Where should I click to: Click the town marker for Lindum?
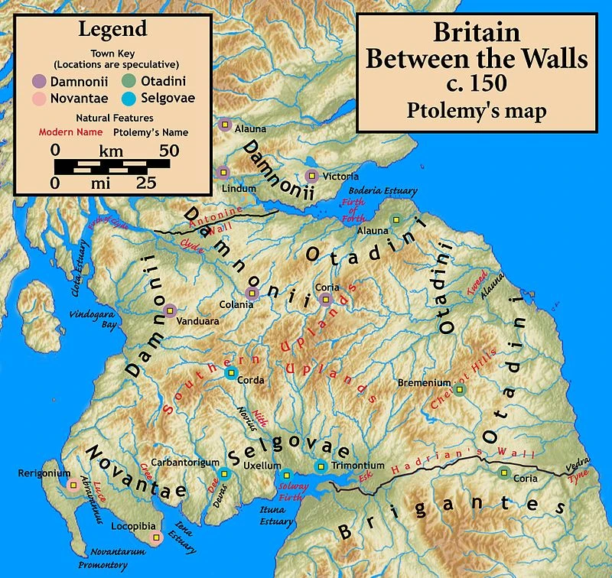click(223, 172)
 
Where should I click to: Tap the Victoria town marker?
click(311, 176)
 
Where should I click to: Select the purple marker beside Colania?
click(252, 293)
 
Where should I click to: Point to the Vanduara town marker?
click(170, 310)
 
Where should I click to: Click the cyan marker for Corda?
click(231, 373)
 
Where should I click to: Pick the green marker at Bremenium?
click(459, 389)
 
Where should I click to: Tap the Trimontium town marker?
click(321, 466)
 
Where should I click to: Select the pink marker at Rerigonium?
click(73, 485)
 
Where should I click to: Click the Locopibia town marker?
click(157, 538)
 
